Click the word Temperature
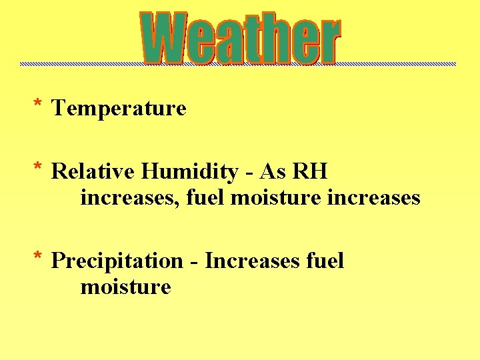pyautogui.click(x=119, y=108)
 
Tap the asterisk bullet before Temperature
pyautogui.click(x=39, y=105)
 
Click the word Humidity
pyautogui.click(x=189, y=172)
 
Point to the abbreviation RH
pyautogui.click(x=310, y=172)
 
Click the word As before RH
pyautogui.click(x=272, y=172)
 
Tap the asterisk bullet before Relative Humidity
pyautogui.click(x=39, y=169)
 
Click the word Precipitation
pyautogui.click(x=117, y=261)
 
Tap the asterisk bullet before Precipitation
pyautogui.click(x=39, y=257)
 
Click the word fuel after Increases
pyautogui.click(x=325, y=261)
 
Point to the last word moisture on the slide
pyautogui.click(x=125, y=287)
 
